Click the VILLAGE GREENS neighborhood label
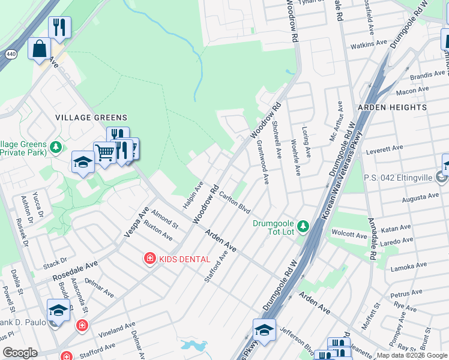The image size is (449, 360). coord(91,117)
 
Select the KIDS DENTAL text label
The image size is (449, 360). coord(184,259)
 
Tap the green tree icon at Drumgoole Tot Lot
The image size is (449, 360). coord(303,226)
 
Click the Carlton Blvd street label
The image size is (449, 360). coord(234,202)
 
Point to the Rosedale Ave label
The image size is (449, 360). coord(74,271)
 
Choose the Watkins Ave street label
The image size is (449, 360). coord(369,44)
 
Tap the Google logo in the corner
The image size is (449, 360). coord(20,353)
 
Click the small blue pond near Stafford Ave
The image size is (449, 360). coord(193,346)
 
